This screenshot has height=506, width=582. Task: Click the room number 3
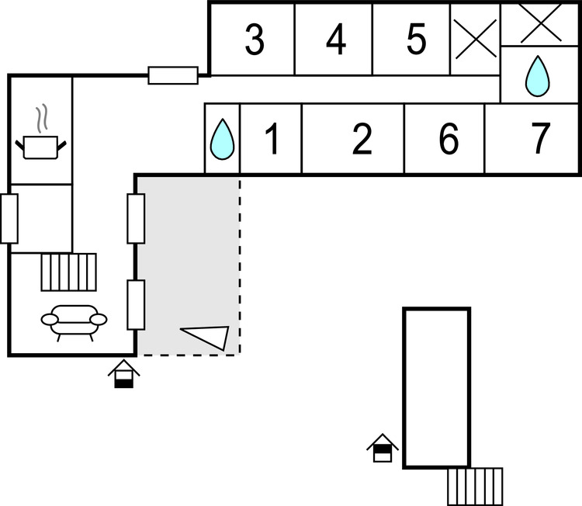point(254,40)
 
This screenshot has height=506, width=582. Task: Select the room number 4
point(335,40)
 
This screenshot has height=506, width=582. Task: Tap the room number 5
point(417,40)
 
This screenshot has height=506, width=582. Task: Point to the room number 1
point(272,140)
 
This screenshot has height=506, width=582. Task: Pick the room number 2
point(362,140)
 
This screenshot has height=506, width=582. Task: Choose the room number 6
point(448,140)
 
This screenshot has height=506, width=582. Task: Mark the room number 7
point(541,140)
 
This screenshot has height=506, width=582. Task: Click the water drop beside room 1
point(223,140)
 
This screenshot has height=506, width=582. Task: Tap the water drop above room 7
point(537,76)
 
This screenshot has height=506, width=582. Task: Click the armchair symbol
point(74,320)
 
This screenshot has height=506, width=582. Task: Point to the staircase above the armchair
point(69,272)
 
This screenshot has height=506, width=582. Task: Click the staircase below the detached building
point(475,487)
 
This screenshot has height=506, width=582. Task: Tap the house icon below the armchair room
point(124,373)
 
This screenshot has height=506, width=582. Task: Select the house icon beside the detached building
point(383,448)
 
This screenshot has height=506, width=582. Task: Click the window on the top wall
point(173,75)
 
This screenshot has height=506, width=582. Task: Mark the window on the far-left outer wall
point(9,218)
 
